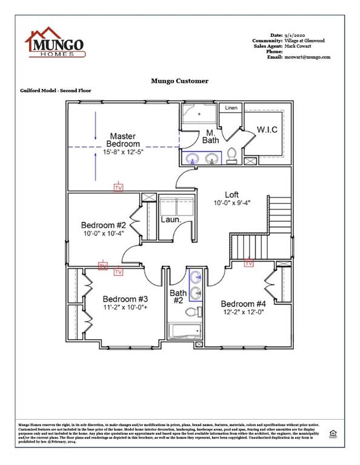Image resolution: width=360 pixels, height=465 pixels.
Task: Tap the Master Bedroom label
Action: click(122, 140)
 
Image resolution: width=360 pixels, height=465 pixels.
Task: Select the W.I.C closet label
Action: click(267, 130)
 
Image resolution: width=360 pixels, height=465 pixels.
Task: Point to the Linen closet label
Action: click(231, 108)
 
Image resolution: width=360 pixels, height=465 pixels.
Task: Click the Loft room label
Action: click(232, 194)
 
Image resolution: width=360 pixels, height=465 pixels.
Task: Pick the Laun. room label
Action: click(171, 219)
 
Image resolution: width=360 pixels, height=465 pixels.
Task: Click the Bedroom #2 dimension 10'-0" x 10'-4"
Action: click(104, 232)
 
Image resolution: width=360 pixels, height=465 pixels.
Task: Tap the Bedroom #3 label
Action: click(125, 299)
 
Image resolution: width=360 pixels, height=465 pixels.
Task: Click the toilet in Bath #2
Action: click(192, 312)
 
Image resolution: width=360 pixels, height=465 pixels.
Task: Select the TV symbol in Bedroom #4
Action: click(248, 263)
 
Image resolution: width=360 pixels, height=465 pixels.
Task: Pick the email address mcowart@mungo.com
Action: click(307, 57)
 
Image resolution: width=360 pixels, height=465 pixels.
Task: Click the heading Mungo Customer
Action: click(179, 81)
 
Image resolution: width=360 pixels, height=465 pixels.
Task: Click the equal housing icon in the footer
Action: click(332, 434)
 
